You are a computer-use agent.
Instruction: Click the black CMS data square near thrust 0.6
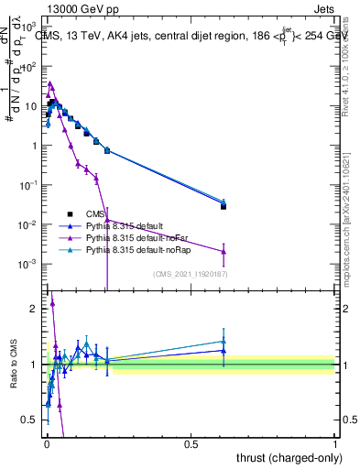pos(224,206)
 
